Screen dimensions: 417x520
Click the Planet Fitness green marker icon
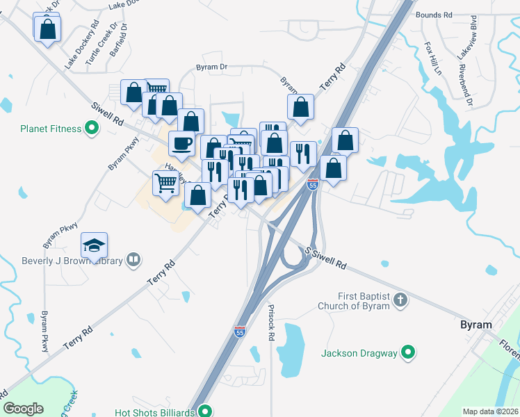[x=90, y=128]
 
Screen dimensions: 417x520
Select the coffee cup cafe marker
[x=181, y=143]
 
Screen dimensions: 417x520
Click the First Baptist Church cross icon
[x=400, y=300]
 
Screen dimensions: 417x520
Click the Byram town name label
[x=476, y=325]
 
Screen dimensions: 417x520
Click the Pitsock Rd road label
[x=271, y=322]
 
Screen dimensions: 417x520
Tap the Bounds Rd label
[x=434, y=14]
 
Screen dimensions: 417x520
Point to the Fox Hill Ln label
[x=433, y=58]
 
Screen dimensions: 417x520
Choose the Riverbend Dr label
[x=465, y=88]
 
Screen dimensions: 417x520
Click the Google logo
[x=23, y=408]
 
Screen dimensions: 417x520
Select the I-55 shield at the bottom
[x=240, y=332]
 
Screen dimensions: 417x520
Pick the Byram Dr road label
[x=211, y=67]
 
